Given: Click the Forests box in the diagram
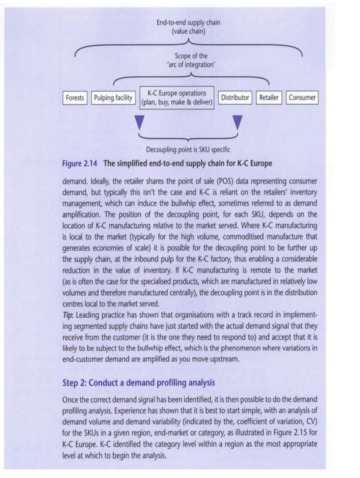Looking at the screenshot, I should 75,98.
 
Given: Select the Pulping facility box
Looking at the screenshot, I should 113,98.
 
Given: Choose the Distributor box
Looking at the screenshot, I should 235,98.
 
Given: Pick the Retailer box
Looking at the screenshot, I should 269,98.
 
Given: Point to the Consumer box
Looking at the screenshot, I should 302,98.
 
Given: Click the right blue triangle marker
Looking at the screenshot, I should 238,122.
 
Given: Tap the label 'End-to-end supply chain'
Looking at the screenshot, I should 188,23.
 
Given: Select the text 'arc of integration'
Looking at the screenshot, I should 191,64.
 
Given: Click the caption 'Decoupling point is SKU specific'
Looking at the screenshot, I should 188,149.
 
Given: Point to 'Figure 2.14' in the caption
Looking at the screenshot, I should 80,164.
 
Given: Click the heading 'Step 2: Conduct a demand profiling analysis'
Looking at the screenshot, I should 139,383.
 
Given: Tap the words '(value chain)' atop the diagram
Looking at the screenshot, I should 188,32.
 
